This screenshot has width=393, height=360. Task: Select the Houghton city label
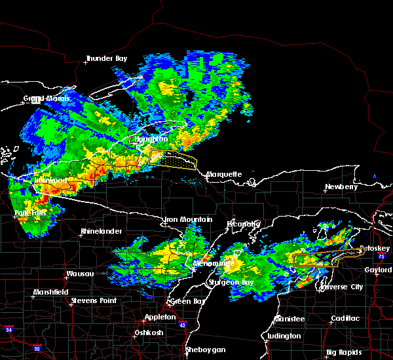152,139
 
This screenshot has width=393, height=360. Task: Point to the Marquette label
224,175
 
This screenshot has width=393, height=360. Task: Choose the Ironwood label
50,180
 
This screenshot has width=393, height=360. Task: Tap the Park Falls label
30,214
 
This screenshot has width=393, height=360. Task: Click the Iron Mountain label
188,219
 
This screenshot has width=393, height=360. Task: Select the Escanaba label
243,224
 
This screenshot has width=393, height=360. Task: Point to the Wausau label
80,274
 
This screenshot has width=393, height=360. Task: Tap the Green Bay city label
185,302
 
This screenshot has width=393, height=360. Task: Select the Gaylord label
378,270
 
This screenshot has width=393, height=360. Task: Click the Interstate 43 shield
181,325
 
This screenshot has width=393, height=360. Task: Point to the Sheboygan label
206,350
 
